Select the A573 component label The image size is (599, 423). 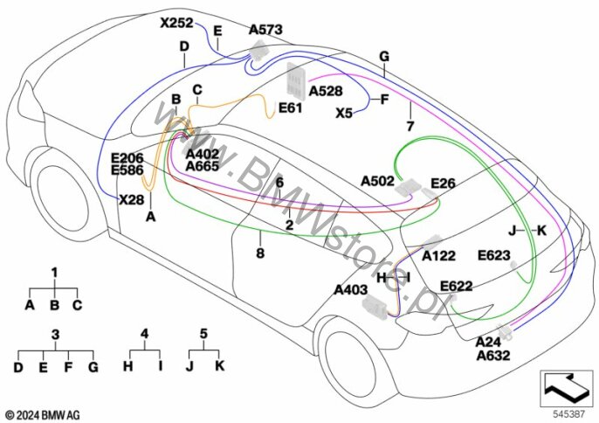[x=265, y=30]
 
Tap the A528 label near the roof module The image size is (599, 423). [x=325, y=90]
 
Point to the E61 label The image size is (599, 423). [x=290, y=108]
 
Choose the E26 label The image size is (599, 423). [x=443, y=184]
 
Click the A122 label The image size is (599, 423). [x=438, y=257]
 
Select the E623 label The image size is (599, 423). [x=493, y=255]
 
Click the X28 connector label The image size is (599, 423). [x=131, y=199]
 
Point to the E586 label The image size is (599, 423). [x=127, y=170]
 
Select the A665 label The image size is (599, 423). [x=203, y=166]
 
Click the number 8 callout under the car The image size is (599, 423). [x=259, y=253]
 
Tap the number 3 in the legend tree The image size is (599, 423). [x=55, y=334]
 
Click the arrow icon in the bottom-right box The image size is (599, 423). [x=562, y=383]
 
